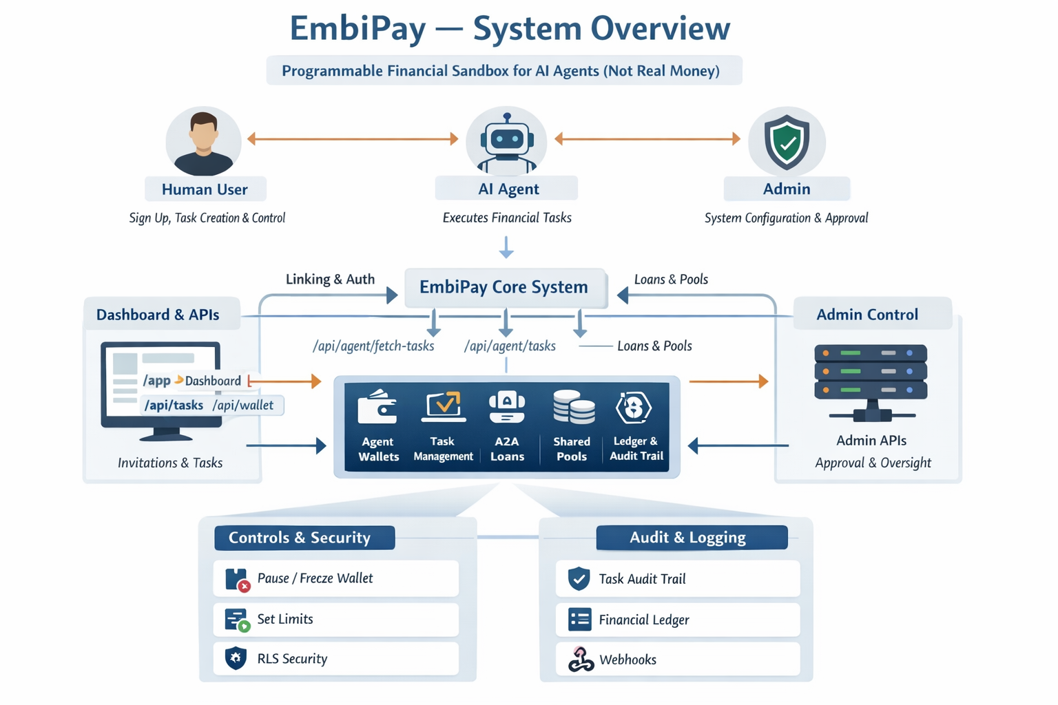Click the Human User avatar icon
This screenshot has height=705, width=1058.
pyautogui.click(x=203, y=143)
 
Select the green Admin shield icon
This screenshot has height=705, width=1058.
pyautogui.click(x=787, y=142)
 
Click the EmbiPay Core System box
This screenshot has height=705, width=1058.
pyautogui.click(x=504, y=287)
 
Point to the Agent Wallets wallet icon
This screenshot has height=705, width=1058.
pyautogui.click(x=377, y=406)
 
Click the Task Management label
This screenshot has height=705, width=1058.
pyautogui.click(x=443, y=448)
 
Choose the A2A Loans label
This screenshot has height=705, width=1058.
pyautogui.click(x=507, y=448)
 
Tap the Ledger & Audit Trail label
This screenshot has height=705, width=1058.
pyautogui.click(x=636, y=448)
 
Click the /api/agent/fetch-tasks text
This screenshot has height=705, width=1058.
pyautogui.click(x=373, y=346)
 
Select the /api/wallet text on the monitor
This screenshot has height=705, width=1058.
pyautogui.click(x=242, y=405)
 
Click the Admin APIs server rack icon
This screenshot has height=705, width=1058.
pyautogui.click(x=871, y=382)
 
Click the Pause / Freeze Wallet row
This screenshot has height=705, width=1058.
pyautogui.click(x=335, y=578)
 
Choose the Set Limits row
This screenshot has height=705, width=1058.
pyautogui.click(x=335, y=619)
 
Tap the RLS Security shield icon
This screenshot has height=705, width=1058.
pyautogui.click(x=236, y=658)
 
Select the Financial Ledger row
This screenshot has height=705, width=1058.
pyautogui.click(x=678, y=620)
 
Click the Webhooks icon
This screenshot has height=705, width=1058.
pyautogui.click(x=581, y=660)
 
